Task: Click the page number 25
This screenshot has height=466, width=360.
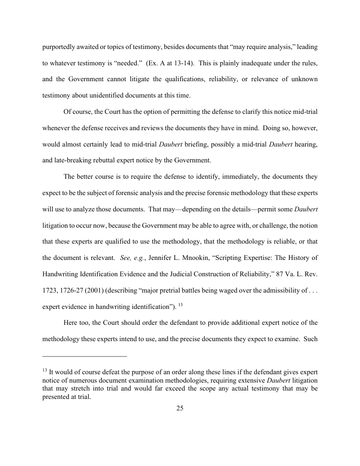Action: click(x=180, y=408)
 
